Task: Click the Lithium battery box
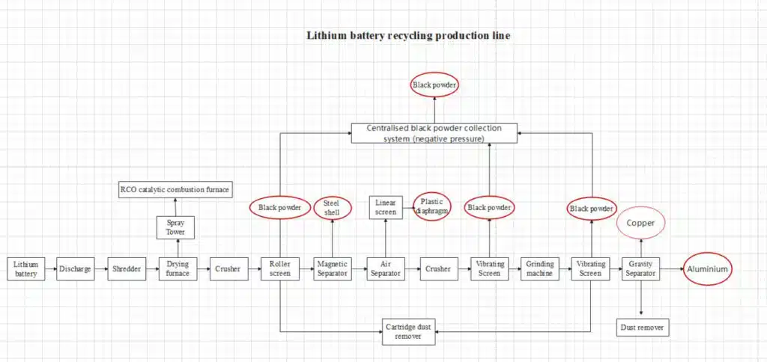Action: [25, 269]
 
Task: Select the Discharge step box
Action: [74, 269]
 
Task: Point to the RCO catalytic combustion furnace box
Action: [175, 189]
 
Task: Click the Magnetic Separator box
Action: [332, 269]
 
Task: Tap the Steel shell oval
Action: [332, 207]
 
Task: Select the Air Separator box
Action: [384, 269]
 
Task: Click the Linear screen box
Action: [384, 207]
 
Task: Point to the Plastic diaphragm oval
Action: [431, 206]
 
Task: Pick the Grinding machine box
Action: [539, 269]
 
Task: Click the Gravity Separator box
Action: [641, 269]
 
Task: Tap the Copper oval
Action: [641, 224]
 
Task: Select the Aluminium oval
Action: [706, 269]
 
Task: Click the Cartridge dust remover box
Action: [408, 331]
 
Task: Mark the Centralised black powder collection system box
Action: [434, 133]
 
